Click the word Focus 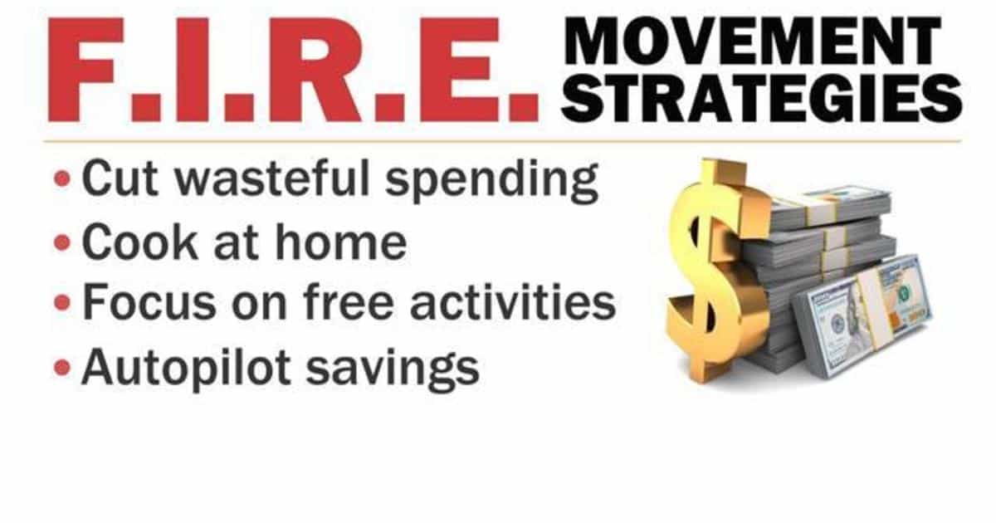(149, 303)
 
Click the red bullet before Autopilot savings (62, 366)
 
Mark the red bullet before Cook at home (62, 243)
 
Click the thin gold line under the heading (498, 140)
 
